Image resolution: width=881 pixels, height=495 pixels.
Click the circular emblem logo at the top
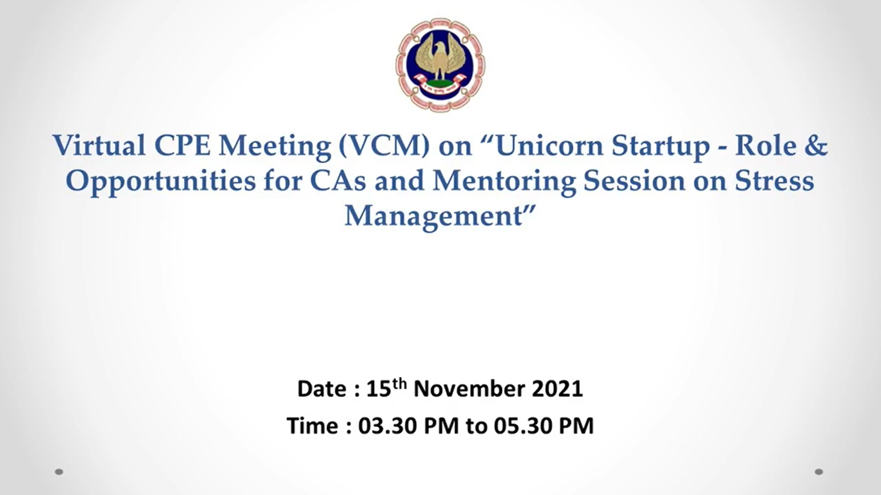tap(440, 65)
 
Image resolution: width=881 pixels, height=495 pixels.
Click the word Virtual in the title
tap(99, 146)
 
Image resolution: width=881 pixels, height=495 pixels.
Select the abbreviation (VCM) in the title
tap(384, 146)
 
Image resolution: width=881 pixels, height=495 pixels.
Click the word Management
tap(433, 217)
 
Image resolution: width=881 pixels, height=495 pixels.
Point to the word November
tap(469, 389)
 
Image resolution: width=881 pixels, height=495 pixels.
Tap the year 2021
tap(557, 389)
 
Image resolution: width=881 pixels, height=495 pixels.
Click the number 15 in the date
tap(379, 389)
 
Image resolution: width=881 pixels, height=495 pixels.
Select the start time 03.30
tap(387, 426)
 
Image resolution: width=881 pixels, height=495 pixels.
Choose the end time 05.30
tap(523, 426)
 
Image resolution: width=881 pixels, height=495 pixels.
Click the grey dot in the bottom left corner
tap(59, 472)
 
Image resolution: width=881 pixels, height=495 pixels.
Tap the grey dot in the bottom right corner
tap(819, 472)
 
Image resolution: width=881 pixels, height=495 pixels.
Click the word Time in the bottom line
tap(313, 426)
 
